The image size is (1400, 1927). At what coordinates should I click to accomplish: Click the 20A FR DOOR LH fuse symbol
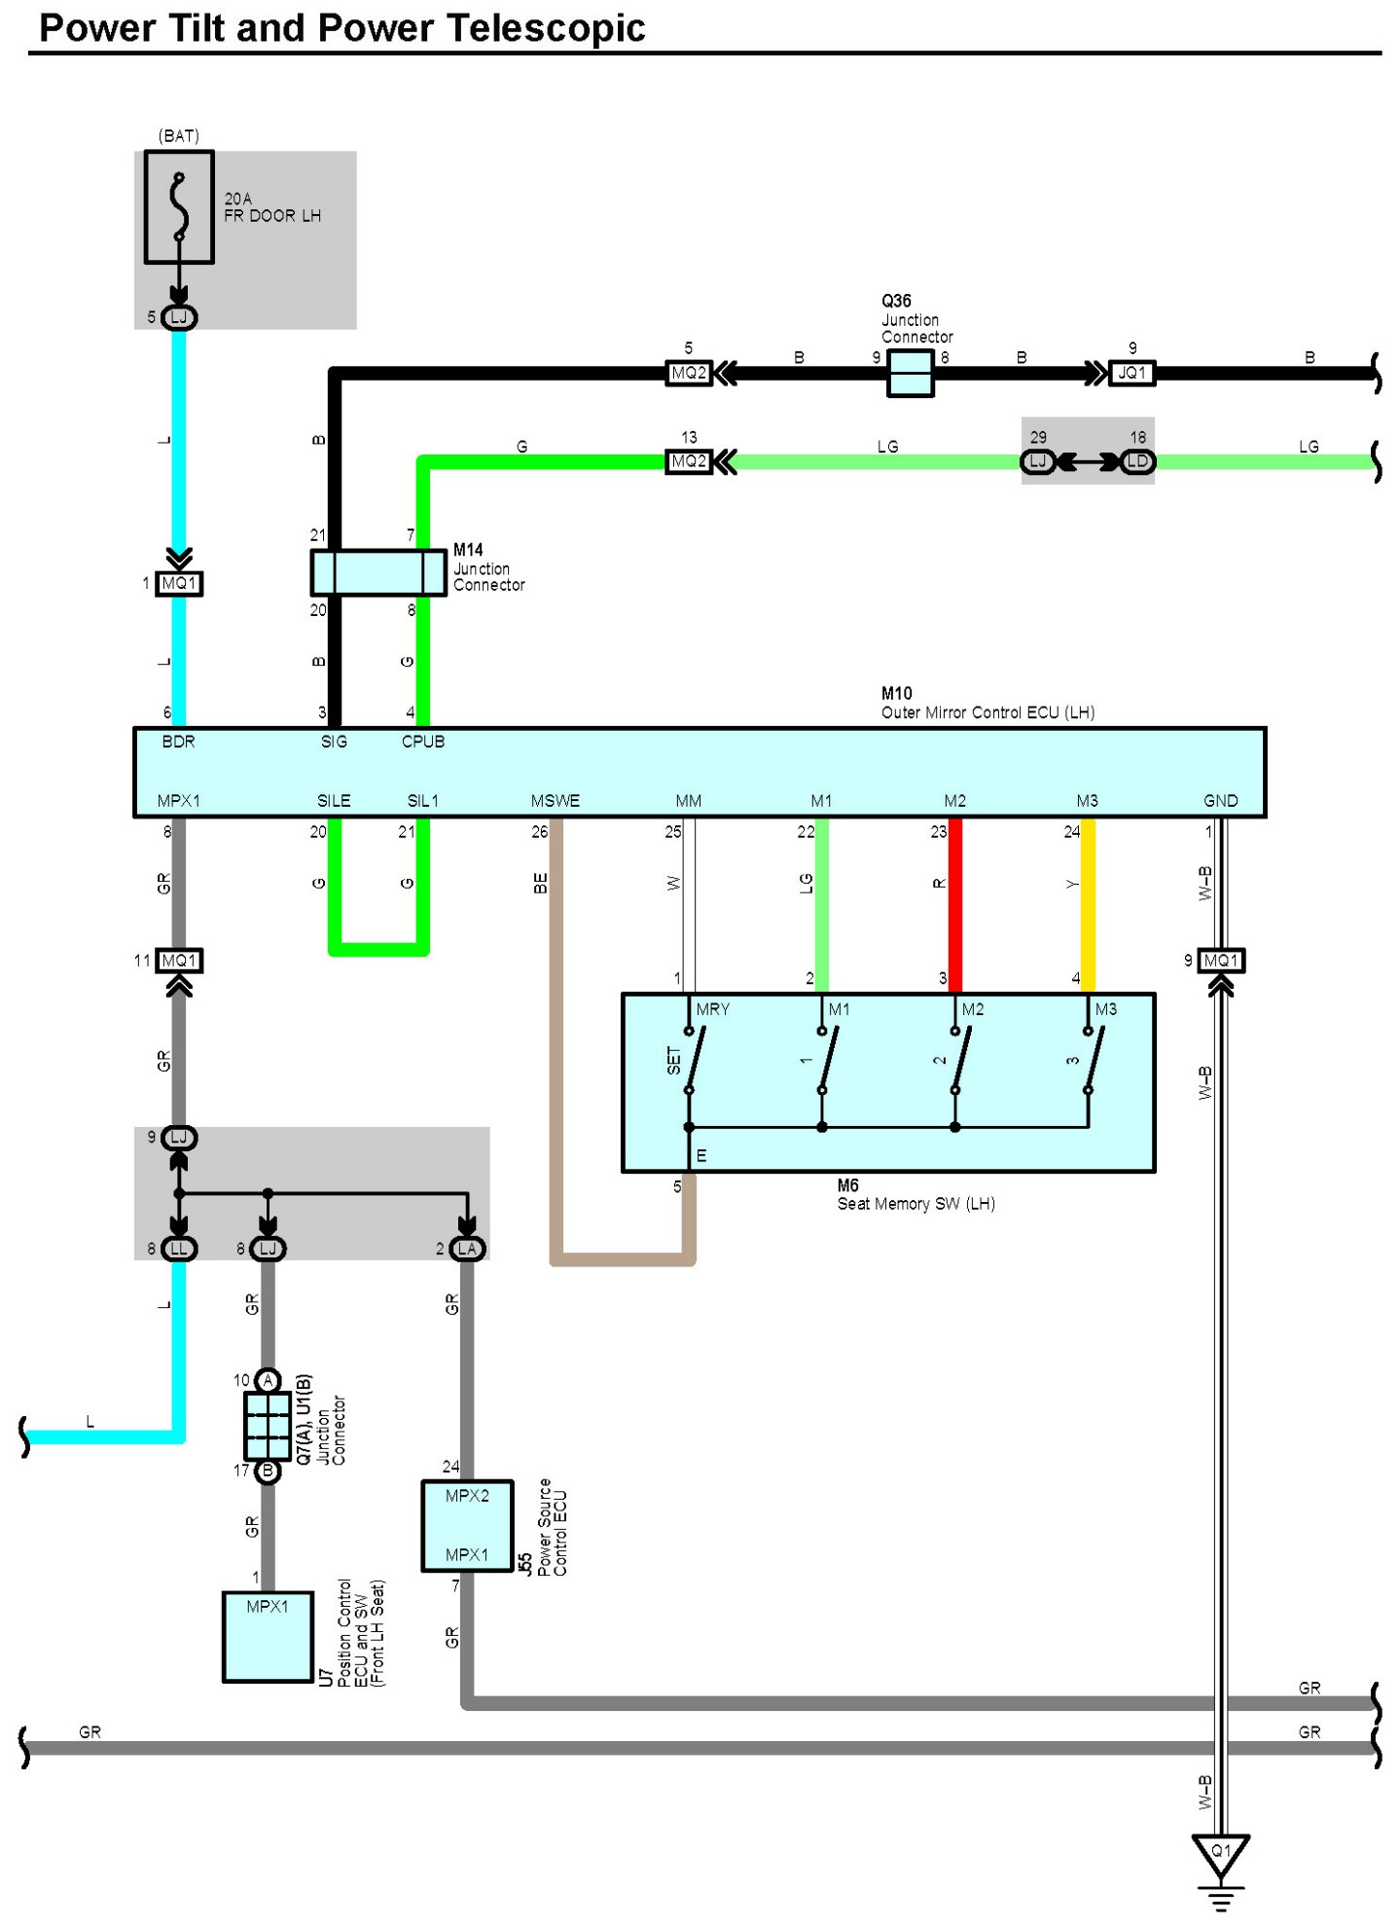pos(179,206)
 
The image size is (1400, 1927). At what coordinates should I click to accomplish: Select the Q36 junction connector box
pos(910,373)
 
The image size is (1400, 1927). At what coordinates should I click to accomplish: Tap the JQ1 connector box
pos(1131,373)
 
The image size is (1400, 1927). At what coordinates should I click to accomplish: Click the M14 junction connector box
pos(377,572)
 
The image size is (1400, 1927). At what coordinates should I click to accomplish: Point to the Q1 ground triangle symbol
pos(1220,1854)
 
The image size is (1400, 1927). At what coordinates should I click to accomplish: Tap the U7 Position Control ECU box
pos(268,1636)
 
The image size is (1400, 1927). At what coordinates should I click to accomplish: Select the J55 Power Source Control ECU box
pos(467,1525)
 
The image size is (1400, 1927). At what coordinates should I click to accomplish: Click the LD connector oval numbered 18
pos(1137,461)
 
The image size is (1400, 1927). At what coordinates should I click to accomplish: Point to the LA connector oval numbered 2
pos(467,1249)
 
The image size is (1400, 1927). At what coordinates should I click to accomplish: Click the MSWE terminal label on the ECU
pos(555,801)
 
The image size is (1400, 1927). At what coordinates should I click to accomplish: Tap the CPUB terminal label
pos(423,742)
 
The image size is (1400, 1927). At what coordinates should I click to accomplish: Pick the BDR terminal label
pos(178,742)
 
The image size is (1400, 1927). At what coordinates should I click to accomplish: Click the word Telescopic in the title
pos(545,27)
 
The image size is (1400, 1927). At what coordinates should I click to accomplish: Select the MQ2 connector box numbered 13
pos(689,461)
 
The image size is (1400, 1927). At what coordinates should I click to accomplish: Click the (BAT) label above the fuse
pos(179,135)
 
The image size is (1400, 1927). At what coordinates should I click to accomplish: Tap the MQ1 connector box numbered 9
pos(1221,961)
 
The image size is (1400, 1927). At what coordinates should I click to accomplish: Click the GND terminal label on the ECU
pos(1220,801)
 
